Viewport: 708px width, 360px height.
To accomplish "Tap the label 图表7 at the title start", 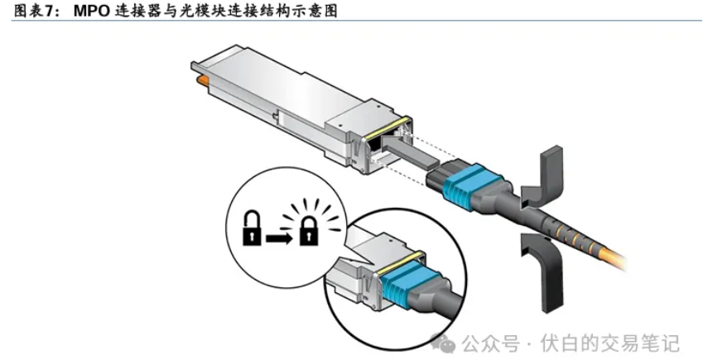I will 26,11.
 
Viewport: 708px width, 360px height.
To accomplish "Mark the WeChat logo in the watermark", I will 445,342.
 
